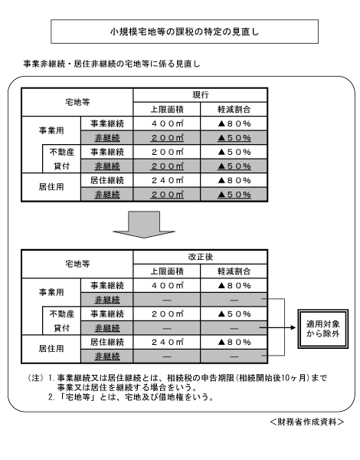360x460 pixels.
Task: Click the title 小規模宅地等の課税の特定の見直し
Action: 185,31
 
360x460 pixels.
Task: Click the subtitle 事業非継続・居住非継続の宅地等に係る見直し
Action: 111,64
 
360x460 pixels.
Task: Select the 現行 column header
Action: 201,95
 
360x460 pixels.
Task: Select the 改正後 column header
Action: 201,257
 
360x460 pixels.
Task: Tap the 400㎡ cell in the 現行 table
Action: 167,123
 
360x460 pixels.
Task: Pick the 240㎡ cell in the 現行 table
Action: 167,180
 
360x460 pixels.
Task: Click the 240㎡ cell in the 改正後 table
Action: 167,342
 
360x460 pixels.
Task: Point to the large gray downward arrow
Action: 144,225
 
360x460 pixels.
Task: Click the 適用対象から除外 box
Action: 323,329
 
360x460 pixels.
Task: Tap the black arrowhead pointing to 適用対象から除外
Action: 293,327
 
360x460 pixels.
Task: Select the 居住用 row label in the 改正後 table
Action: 51,349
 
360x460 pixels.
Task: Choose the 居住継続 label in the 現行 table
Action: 107,180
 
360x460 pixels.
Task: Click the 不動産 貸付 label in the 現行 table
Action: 62,159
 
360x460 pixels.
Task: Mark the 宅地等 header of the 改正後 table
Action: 77,264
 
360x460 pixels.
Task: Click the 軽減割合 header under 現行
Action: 234,110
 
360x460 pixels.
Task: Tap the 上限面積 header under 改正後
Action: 167,271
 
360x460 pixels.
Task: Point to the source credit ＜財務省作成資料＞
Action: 307,422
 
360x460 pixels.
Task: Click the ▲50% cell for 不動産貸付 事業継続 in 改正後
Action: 234,314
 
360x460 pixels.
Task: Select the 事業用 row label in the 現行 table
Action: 51,130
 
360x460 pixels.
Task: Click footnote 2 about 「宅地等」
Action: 131,397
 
